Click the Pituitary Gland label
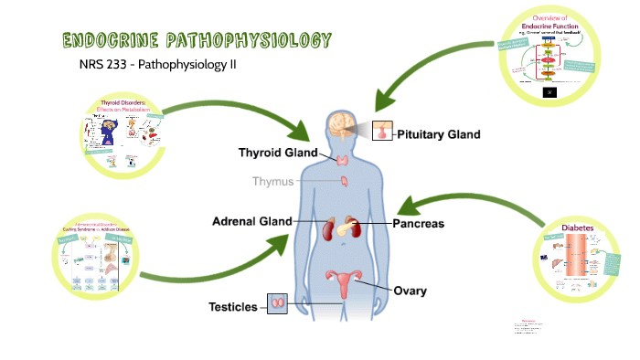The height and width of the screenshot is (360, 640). pyautogui.click(x=437, y=134)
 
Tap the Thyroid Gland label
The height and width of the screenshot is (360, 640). pyautogui.click(x=278, y=152)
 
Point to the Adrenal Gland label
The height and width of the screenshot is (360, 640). pyautogui.click(x=251, y=221)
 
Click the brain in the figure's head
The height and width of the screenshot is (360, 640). pyautogui.click(x=344, y=125)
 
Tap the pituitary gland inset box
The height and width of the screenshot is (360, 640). pyautogui.click(x=381, y=133)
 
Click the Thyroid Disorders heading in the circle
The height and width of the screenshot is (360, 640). pyautogui.click(x=129, y=107)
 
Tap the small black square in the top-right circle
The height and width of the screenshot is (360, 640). pyautogui.click(x=549, y=91)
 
